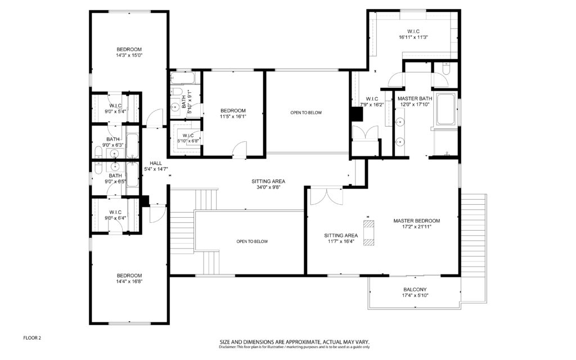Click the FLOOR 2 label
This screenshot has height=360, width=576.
click(32, 338)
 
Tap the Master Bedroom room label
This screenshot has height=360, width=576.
click(417, 220)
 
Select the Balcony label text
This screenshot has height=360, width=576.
click(415, 290)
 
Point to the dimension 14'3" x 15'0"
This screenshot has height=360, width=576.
click(129, 56)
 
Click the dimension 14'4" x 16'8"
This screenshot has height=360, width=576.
click(129, 281)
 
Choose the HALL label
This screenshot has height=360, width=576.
click(156, 164)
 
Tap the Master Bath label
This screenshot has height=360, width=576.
click(415, 98)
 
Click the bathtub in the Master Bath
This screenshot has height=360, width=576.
click(446, 109)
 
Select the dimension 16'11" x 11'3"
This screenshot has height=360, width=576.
click(413, 37)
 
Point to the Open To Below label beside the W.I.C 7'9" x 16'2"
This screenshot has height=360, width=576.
click(306, 112)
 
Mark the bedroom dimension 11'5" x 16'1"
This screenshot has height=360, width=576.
click(233, 116)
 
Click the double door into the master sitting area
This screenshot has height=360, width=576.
click(326, 196)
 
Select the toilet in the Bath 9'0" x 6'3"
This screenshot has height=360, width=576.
click(98, 153)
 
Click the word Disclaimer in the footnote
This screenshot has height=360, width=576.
click(227, 346)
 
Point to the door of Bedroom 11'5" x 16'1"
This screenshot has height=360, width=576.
click(240, 150)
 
